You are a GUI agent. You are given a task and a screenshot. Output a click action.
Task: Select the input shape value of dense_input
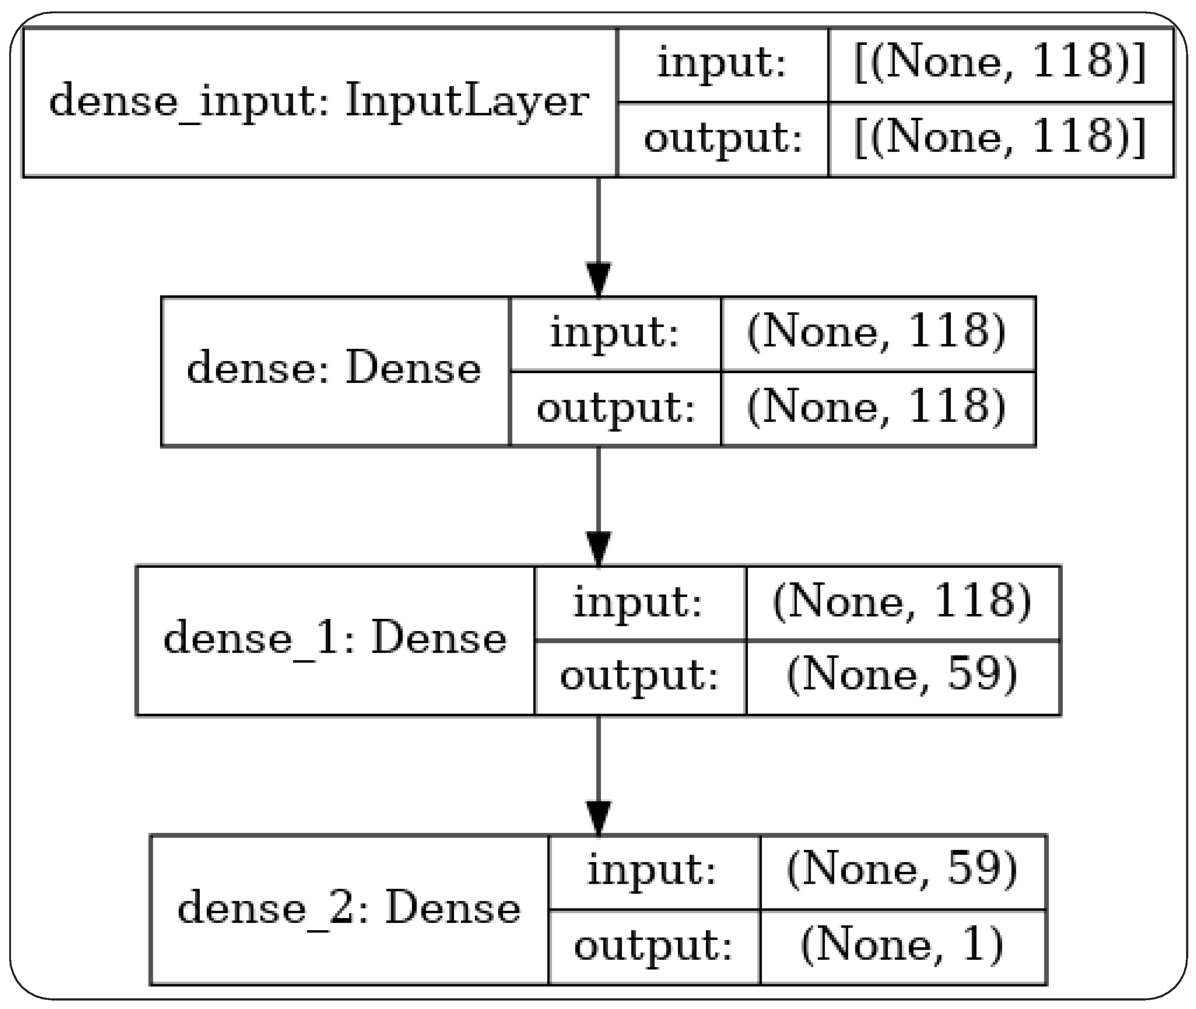click(x=1000, y=63)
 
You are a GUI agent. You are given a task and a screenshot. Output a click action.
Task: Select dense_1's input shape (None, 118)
click(x=902, y=602)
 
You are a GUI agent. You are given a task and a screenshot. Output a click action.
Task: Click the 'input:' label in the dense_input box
click(x=722, y=63)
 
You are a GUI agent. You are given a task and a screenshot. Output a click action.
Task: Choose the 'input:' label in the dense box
click(x=615, y=332)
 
